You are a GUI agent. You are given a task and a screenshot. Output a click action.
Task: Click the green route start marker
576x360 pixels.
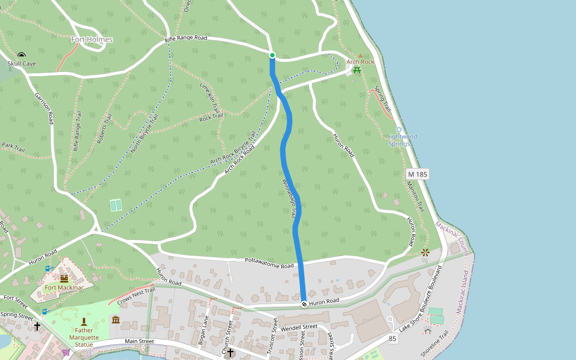point(272,55)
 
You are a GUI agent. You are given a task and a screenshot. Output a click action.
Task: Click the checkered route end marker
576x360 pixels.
point(304,304)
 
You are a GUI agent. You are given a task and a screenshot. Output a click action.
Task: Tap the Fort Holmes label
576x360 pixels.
point(92,40)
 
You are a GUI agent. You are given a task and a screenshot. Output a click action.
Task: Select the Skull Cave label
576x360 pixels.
point(22,63)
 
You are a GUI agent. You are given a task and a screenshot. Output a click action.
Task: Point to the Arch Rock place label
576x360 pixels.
point(360,62)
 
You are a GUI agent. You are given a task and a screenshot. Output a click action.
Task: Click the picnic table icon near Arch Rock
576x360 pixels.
point(357,70)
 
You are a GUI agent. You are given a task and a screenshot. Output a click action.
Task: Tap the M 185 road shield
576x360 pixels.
point(418,174)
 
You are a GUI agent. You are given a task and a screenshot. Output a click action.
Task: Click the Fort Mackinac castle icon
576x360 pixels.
point(64,278)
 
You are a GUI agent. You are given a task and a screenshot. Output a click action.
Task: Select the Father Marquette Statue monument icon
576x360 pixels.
point(83,322)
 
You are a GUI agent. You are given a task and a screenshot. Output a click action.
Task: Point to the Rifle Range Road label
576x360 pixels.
point(186,38)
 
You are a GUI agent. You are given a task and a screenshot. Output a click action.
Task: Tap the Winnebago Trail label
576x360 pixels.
point(289,197)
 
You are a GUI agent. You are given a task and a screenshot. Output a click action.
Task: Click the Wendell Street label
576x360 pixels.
point(298,327)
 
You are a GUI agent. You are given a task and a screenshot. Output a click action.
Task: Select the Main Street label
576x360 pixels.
point(139,341)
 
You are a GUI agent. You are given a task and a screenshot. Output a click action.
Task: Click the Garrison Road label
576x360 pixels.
point(44,109)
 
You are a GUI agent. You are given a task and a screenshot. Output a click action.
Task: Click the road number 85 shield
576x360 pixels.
point(393,339)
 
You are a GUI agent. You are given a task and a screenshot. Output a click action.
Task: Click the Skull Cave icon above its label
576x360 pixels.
point(22,55)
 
